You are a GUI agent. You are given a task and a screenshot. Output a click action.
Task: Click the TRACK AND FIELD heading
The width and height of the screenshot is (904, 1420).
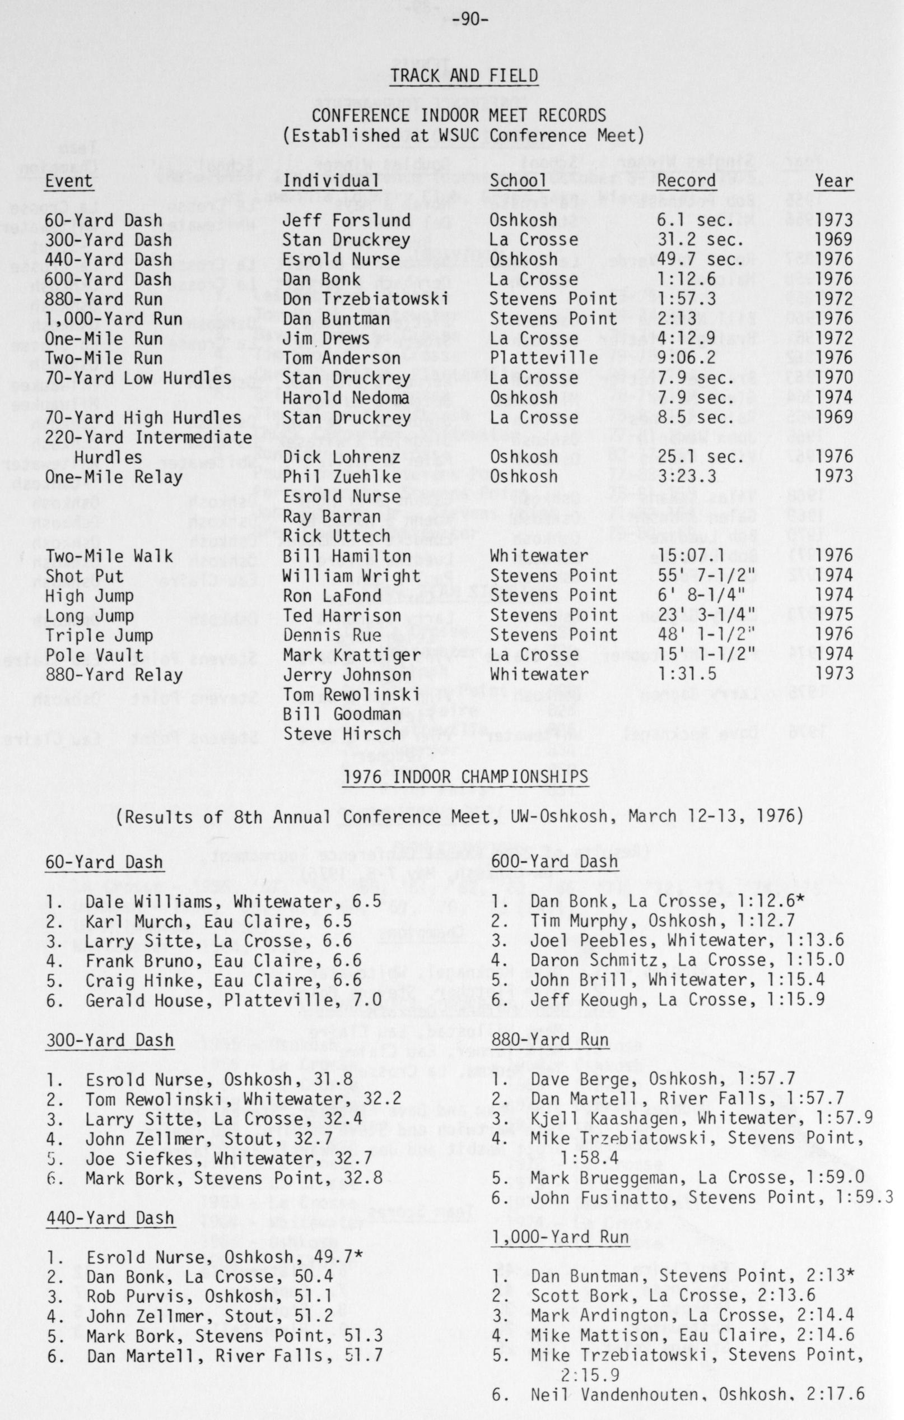[x=464, y=76]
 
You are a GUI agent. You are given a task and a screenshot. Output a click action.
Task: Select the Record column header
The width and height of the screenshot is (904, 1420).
[x=687, y=180]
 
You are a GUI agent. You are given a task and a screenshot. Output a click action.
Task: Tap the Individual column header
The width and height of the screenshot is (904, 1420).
[x=330, y=180]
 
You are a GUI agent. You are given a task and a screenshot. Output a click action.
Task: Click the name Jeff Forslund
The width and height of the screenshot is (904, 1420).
[x=346, y=220]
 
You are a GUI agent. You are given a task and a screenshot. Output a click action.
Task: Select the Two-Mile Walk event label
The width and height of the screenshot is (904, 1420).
[x=109, y=556]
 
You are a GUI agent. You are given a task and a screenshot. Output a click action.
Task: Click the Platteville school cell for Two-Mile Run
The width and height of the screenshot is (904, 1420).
[x=543, y=358]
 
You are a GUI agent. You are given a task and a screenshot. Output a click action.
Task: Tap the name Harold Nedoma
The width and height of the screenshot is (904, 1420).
[x=346, y=398]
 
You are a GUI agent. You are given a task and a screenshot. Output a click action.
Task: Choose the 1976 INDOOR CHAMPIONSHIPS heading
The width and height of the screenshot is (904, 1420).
[x=465, y=777]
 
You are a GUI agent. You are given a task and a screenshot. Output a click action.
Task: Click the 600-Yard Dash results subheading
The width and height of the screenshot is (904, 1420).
[x=554, y=861]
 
